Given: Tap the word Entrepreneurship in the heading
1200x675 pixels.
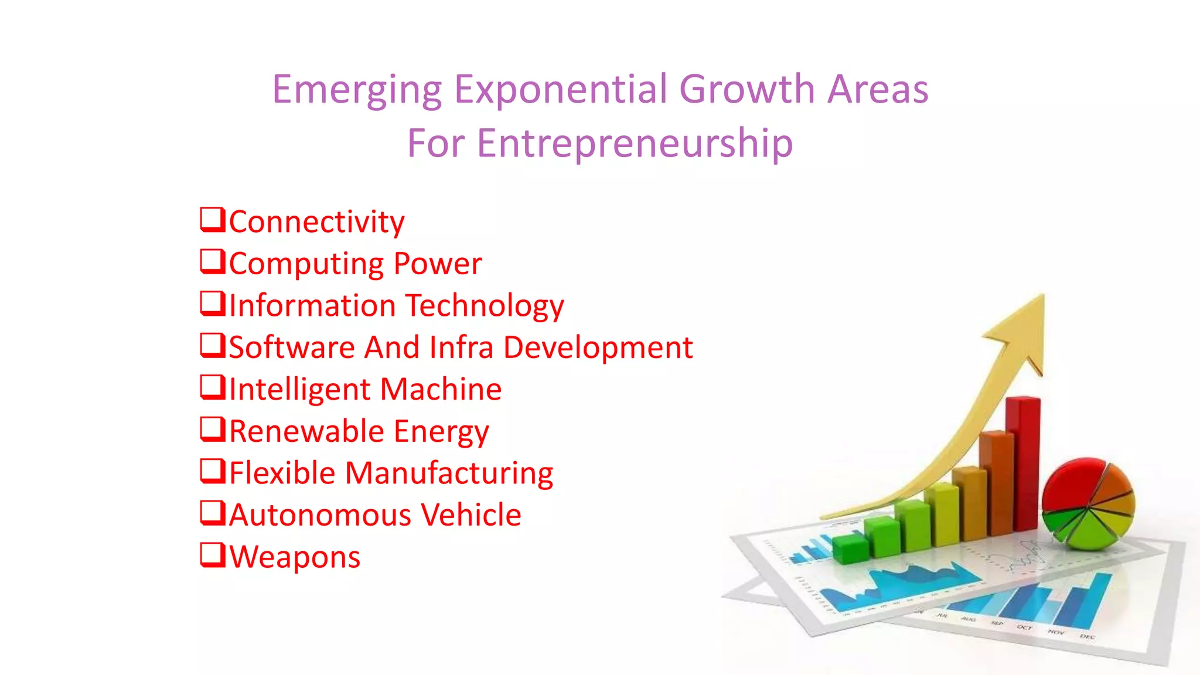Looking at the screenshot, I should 635,143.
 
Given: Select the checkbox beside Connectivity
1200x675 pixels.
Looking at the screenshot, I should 212,220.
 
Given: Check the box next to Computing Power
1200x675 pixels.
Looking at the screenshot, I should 212,261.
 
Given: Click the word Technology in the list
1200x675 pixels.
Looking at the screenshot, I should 485,306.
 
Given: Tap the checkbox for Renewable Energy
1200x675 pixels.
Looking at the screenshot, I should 212,429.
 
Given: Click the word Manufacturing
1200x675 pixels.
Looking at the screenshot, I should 449,473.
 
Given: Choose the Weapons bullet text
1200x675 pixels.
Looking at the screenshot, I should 295,557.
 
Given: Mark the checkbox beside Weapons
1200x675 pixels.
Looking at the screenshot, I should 212,554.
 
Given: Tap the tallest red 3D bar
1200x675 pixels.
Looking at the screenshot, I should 1023,463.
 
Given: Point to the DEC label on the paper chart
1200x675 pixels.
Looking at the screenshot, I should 1087,636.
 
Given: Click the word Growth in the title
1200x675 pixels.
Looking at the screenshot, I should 746,89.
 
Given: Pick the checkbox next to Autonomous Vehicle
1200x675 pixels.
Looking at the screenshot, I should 212,513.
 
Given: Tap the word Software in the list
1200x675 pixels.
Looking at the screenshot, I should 292,347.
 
